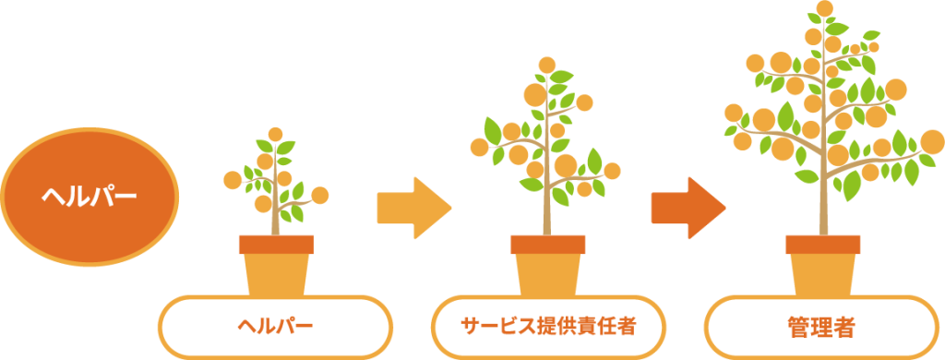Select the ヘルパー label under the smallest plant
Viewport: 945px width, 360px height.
coord(276,326)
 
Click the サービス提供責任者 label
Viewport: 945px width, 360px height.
coord(549,326)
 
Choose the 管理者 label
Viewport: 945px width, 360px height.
coord(821,326)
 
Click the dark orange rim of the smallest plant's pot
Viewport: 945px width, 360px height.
coord(276,245)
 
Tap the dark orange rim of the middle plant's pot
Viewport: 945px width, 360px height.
coord(548,245)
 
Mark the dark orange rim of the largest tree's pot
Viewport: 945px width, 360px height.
coord(822,245)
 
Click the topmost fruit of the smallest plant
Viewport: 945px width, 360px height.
coord(275,135)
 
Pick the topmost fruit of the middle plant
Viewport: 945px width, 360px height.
coord(547,65)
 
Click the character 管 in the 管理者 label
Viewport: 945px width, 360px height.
coord(798,326)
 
